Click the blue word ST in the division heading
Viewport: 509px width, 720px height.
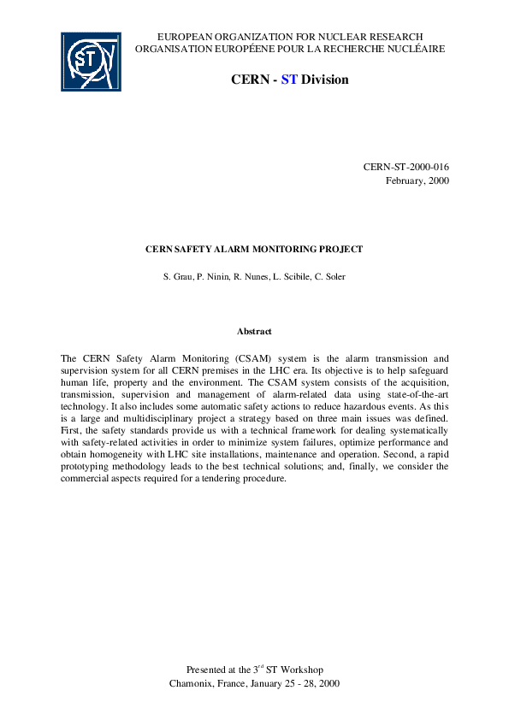pos(288,80)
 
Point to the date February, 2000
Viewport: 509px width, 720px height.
pos(417,180)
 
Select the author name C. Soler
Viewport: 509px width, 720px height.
pos(329,278)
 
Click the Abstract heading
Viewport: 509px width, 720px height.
pos(254,330)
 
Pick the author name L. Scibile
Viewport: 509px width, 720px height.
pos(292,278)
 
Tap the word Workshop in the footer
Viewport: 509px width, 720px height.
pos(301,670)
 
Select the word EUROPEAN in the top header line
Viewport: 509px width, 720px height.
pos(186,37)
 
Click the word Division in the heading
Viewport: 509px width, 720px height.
pos(324,80)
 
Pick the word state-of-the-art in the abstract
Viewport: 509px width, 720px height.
pos(417,396)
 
